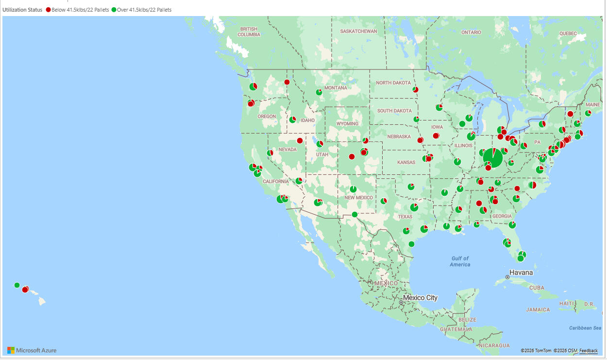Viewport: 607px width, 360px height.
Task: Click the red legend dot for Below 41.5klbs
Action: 48,10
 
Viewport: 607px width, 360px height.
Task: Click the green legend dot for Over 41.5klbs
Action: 114,10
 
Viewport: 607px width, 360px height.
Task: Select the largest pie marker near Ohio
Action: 493,158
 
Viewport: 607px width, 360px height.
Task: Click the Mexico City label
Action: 421,297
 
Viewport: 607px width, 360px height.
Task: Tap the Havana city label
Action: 521,273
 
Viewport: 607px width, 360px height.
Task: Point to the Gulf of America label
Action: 460,261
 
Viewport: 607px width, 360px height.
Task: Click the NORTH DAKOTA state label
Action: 393,83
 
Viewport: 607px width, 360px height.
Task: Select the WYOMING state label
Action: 347,123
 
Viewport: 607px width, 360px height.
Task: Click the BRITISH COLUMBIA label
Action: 249,32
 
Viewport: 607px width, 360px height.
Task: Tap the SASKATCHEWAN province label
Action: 358,31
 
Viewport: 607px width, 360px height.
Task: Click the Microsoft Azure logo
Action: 32,350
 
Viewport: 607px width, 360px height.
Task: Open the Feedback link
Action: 589,350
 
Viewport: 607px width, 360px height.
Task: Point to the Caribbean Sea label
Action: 585,328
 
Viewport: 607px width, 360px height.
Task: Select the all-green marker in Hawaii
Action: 17,285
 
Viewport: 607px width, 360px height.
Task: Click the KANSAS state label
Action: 406,162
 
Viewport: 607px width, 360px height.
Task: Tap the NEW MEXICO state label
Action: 359,198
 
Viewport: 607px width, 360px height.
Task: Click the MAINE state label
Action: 592,104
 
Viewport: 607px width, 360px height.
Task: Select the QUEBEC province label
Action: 568,34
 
